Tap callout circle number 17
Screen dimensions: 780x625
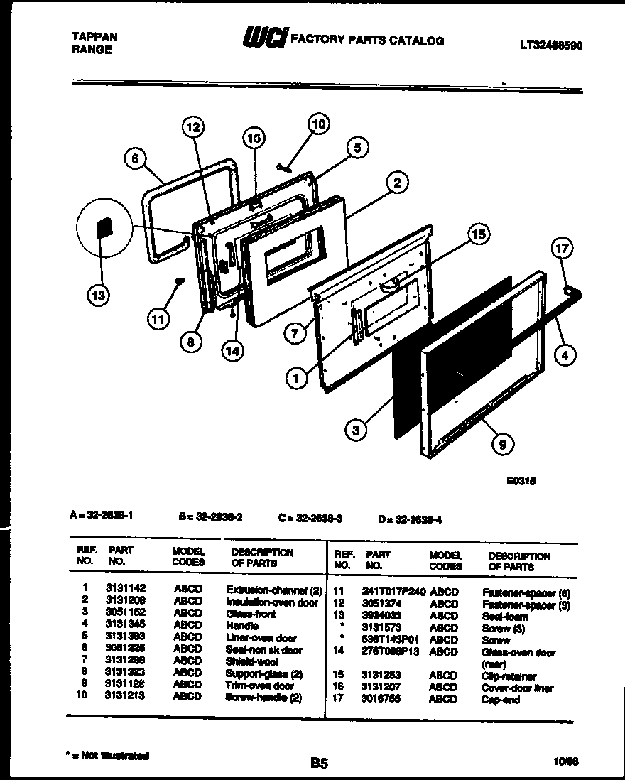pyautogui.click(x=562, y=249)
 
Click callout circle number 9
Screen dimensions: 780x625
pyautogui.click(x=503, y=445)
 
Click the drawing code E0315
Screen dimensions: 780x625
pyautogui.click(x=521, y=481)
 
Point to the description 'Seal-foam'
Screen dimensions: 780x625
pyautogui.click(x=504, y=617)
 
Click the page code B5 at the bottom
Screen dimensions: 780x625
pyautogui.click(x=318, y=764)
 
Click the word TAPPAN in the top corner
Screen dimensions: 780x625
pyautogui.click(x=95, y=37)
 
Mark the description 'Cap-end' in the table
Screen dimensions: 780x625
pyautogui.click(x=500, y=700)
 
